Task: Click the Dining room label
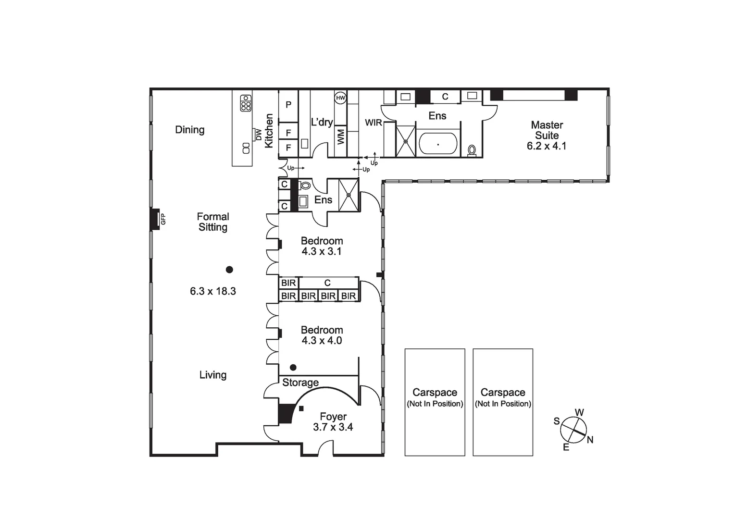tap(189, 130)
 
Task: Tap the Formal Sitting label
tap(213, 222)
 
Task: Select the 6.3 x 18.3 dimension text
tap(213, 291)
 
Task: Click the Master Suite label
tap(547, 130)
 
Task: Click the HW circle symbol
tap(340, 98)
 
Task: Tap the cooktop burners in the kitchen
tap(246, 103)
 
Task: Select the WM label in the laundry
tap(341, 136)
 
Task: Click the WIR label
tap(373, 123)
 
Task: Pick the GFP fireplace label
tap(163, 219)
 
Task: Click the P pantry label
tap(288, 105)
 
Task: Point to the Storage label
tap(300, 383)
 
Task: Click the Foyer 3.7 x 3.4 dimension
tap(333, 427)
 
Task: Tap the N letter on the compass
tap(590, 440)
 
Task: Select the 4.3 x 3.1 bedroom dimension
tap(322, 251)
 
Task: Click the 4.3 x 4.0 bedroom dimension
tap(322, 341)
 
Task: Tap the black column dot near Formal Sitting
tap(229, 270)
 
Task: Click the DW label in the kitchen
tap(259, 135)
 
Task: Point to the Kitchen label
tap(269, 131)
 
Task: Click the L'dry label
tap(322, 122)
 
